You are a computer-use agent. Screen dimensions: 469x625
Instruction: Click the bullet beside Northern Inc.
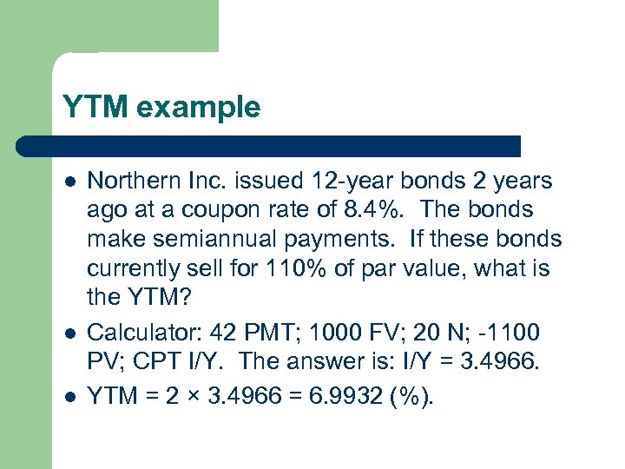coord(69,182)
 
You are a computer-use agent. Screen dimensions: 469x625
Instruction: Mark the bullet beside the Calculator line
coord(69,332)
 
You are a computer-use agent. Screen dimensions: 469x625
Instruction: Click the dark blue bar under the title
coord(286,146)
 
